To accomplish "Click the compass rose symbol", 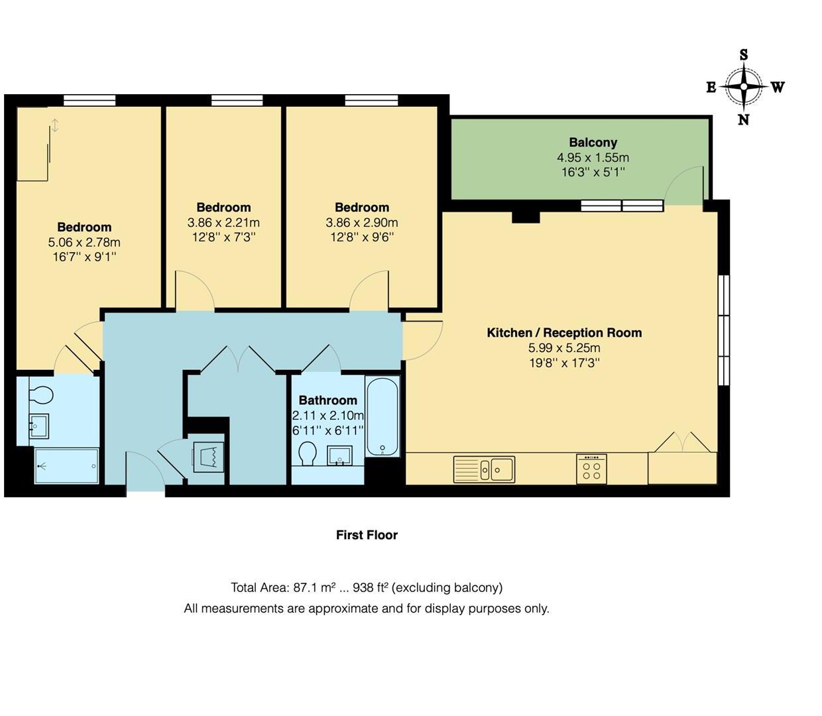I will [744, 87].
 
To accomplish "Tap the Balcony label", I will [593, 143].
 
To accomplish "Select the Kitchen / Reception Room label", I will [564, 333].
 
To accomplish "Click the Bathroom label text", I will [327, 400].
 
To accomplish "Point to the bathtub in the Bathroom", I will [382, 416].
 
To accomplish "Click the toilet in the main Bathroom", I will [307, 454].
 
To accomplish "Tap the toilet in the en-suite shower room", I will [40, 395].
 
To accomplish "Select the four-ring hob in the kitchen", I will [591, 469].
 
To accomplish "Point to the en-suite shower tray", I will [66, 466].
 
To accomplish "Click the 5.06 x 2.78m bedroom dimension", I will [84, 243].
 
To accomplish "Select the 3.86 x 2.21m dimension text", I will [223, 223].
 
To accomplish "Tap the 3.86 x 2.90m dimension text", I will [361, 223].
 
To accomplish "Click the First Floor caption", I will [367, 535].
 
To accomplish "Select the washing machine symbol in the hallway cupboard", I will [207, 457].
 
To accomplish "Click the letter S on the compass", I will [744, 55].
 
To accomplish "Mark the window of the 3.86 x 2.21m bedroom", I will [237, 101].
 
